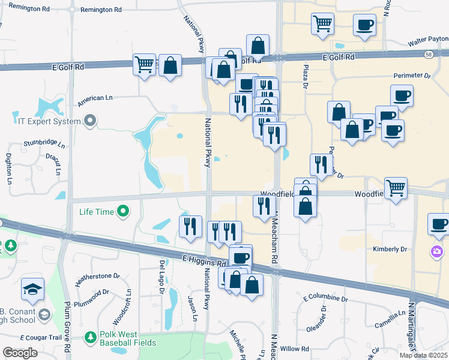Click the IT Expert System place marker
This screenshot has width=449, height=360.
(x=90, y=121)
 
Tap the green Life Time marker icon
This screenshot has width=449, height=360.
(x=123, y=211)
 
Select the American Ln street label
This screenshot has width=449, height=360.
(x=95, y=97)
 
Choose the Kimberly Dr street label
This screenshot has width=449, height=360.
(x=390, y=249)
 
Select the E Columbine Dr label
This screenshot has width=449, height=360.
(x=325, y=298)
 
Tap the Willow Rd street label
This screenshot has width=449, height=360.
(x=294, y=349)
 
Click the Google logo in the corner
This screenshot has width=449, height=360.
(x=20, y=353)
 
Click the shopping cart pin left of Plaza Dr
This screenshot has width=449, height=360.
(x=322, y=24)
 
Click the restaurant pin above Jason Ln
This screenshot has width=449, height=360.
(x=191, y=227)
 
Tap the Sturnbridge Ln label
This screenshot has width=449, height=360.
(x=43, y=143)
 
